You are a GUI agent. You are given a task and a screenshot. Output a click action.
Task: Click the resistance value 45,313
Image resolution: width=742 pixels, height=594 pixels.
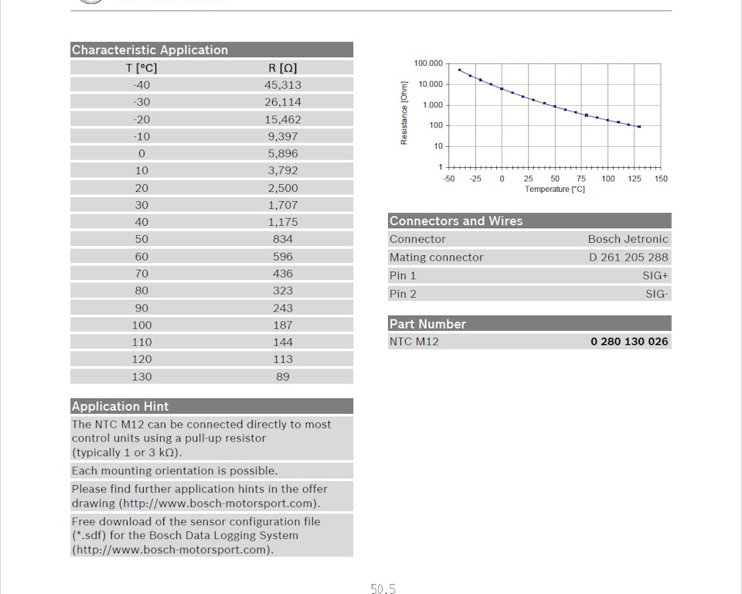(x=283, y=85)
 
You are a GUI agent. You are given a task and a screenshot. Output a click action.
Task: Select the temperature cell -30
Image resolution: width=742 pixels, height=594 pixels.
(x=141, y=102)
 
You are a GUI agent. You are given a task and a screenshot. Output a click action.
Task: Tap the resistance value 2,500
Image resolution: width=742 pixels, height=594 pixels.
(x=283, y=188)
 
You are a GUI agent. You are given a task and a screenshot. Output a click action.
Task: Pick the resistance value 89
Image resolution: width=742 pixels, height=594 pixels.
(x=283, y=377)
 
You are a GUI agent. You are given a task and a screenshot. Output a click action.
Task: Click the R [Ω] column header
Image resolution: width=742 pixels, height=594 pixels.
(x=283, y=67)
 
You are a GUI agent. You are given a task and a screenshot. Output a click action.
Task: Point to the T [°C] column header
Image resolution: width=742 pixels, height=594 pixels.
(x=141, y=67)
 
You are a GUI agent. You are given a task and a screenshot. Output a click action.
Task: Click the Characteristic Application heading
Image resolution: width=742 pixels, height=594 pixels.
(x=150, y=50)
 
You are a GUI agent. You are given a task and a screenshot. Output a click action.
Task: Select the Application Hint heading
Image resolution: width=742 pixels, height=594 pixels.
(x=120, y=406)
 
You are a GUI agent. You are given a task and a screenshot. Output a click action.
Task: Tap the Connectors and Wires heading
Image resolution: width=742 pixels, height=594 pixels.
(x=456, y=221)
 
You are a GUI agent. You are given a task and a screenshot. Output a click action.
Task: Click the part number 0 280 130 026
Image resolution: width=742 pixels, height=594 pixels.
(x=629, y=341)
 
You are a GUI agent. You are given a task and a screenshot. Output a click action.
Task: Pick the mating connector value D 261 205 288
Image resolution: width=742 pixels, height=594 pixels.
(x=628, y=258)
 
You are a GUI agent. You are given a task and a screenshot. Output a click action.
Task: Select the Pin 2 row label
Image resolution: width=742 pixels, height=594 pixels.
(x=403, y=294)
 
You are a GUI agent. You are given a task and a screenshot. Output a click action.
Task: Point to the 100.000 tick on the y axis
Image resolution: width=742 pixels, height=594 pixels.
(x=428, y=63)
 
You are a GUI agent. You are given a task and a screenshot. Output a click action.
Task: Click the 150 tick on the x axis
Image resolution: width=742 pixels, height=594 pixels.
(x=661, y=179)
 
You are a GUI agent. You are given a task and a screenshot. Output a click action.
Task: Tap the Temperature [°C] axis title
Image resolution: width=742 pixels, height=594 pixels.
(x=555, y=189)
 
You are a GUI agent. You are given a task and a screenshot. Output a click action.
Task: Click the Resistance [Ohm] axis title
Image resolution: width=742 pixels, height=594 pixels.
(x=404, y=114)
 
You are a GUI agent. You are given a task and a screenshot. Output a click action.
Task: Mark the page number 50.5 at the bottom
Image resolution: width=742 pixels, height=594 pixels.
(x=383, y=589)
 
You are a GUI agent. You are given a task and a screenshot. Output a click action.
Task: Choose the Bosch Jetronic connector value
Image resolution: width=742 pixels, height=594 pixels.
(x=628, y=239)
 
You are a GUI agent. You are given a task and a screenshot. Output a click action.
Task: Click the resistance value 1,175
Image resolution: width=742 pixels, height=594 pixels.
(x=283, y=222)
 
